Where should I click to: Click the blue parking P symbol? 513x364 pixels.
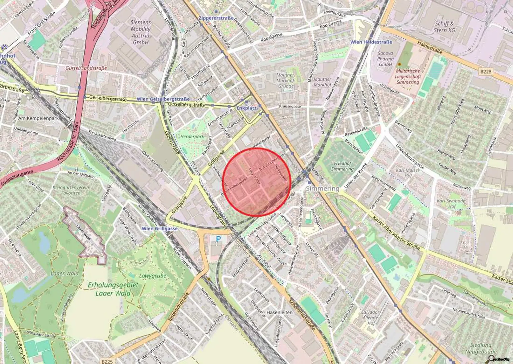click(218, 239)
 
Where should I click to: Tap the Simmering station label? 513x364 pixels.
click(322, 189)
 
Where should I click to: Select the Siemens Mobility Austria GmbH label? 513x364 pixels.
click(141, 32)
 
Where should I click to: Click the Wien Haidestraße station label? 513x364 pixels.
click(371, 42)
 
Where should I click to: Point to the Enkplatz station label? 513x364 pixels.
click(246, 108)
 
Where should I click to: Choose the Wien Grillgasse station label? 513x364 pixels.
click(160, 229)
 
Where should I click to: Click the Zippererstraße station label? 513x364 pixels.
click(216, 18)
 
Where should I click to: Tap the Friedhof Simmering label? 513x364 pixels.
click(342, 166)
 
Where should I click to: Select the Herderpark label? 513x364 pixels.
click(192, 137)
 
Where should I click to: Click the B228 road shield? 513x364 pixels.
click(486, 72)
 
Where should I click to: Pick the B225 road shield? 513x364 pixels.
click(107, 361)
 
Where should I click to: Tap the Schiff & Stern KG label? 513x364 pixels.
click(445, 27)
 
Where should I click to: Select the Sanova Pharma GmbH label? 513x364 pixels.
click(385, 58)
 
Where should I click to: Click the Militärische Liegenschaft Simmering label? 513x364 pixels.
click(407, 77)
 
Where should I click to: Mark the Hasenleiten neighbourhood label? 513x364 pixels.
click(279, 312)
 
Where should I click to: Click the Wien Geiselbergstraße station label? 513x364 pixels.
click(163, 99)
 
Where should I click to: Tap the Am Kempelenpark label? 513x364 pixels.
click(38, 118)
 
